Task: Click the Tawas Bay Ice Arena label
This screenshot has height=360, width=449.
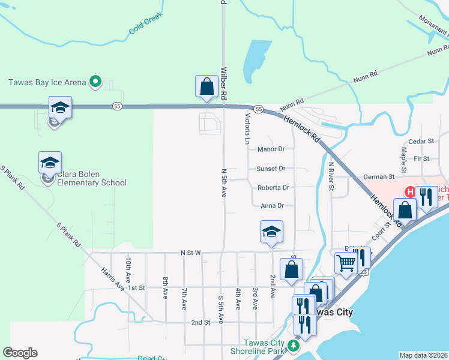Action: [x=46, y=82]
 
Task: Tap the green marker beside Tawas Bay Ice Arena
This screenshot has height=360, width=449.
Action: [x=94, y=82]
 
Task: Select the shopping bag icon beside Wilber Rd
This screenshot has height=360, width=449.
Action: [x=206, y=86]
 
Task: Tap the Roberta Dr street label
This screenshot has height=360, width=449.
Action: [x=273, y=188]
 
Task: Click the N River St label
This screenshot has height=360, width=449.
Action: [x=331, y=176]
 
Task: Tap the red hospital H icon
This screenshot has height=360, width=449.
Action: [x=410, y=192]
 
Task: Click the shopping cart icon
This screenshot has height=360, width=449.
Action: [x=346, y=263]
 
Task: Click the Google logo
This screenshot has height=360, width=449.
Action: [x=20, y=353]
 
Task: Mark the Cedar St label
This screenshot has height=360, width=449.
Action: [x=421, y=142]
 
